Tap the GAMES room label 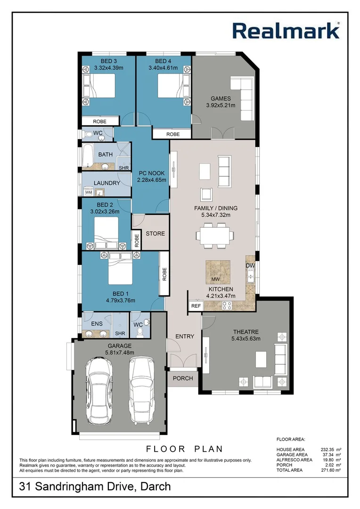coord(221,99)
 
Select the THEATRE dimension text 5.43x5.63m coord(245,338)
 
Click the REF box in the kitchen coord(196,306)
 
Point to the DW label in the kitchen coord(250,266)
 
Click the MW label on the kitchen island coord(216,279)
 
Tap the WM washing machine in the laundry coord(89,192)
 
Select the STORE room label coord(155,233)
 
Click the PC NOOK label coord(150,173)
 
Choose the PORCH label coord(183,378)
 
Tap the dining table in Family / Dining coord(216,234)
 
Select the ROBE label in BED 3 coord(99,122)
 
